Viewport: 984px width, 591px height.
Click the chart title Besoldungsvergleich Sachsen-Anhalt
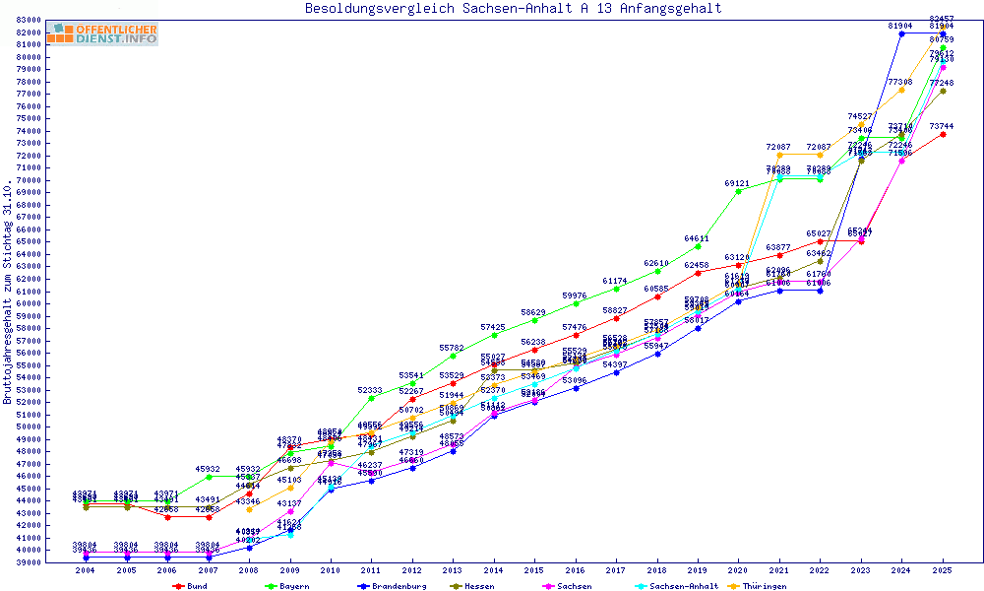(513, 9)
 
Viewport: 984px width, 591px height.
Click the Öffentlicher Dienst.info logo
(101, 33)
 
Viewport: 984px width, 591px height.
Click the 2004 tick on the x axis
(86, 570)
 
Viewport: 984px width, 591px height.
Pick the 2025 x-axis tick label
(943, 570)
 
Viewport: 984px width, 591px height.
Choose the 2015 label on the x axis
(534, 570)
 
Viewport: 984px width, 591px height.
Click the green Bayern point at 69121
(738, 190)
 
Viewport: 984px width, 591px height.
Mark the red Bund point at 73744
(943, 134)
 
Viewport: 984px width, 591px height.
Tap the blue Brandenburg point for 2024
(901, 33)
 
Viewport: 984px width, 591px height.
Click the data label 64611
(697, 238)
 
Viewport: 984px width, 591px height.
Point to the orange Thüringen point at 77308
(901, 90)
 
